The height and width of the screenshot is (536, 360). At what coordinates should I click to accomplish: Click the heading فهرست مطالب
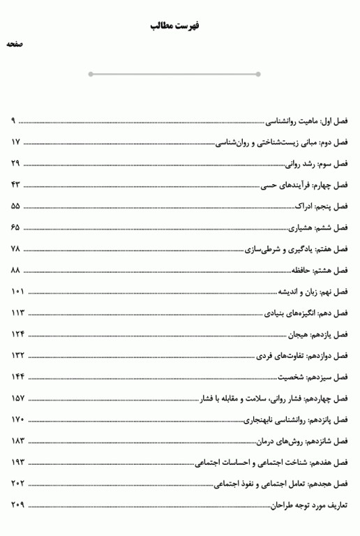click(174, 26)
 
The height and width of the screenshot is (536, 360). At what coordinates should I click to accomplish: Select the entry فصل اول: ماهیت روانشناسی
click(308, 121)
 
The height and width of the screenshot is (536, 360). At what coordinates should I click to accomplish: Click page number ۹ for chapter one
click(13, 121)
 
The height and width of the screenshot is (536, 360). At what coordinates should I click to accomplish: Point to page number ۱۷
click(17, 142)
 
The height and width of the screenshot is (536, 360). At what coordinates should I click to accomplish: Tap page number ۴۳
click(17, 185)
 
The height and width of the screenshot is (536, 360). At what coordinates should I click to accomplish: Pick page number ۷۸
click(17, 249)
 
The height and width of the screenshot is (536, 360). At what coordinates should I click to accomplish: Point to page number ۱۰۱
click(18, 292)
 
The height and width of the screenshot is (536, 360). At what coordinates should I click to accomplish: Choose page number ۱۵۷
click(18, 399)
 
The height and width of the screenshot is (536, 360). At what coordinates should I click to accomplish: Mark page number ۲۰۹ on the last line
click(18, 505)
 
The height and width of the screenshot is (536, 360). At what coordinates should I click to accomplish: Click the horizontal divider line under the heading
click(174, 74)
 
